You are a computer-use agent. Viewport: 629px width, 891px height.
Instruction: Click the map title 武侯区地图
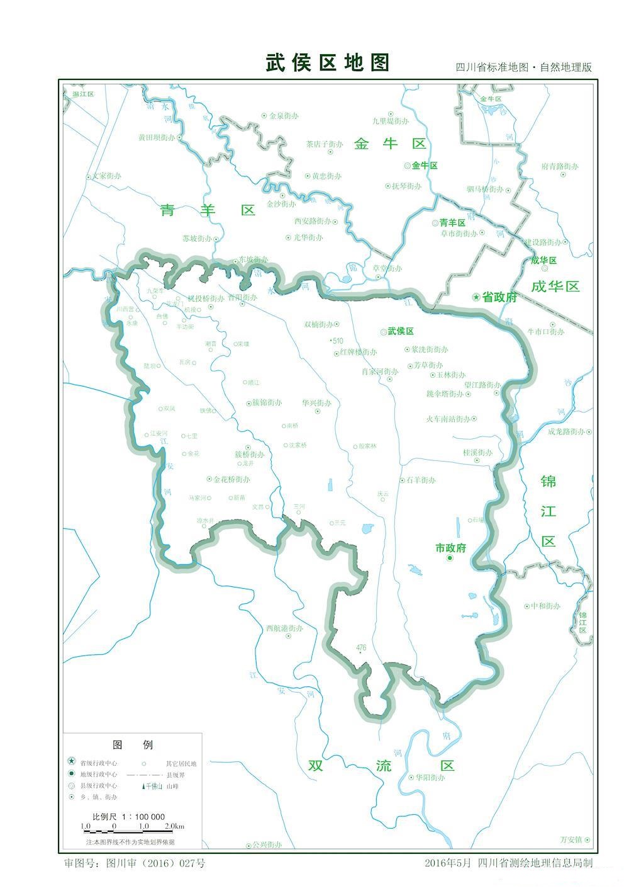pos(328,63)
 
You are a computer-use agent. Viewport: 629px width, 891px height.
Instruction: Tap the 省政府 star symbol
pos(477,297)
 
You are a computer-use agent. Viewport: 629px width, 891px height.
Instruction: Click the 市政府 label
pos(451,548)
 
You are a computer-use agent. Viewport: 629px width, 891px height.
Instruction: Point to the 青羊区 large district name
pos(208,210)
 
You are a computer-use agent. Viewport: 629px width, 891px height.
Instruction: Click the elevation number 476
pos(361,648)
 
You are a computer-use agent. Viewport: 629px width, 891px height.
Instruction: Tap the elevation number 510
pos(338,341)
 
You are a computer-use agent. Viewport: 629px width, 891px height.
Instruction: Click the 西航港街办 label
pos(284,628)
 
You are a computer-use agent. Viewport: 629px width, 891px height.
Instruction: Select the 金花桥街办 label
pos(231,479)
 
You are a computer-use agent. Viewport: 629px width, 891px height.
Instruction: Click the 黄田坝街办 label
pos(157,137)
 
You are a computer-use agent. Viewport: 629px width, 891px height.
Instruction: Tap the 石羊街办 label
pos(421,480)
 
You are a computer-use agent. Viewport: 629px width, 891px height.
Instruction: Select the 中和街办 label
pos(545,606)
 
